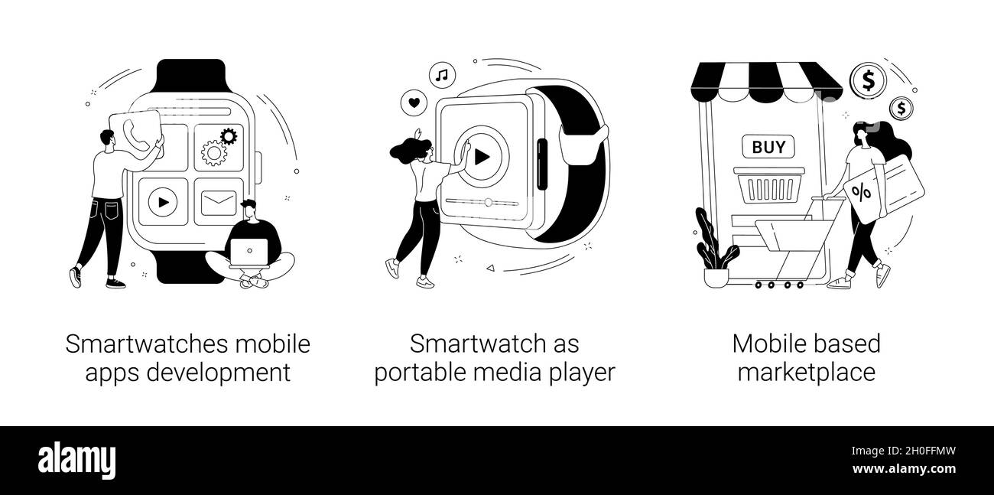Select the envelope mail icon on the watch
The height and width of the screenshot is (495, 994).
(219, 203)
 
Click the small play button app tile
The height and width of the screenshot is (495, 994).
(163, 202)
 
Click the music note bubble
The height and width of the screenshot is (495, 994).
(441, 74)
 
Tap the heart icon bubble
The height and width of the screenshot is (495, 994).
(414, 101)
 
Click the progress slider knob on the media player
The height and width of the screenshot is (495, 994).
(488, 203)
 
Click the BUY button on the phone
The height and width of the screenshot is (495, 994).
(768, 147)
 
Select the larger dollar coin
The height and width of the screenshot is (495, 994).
(868, 80)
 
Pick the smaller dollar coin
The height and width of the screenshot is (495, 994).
(902, 109)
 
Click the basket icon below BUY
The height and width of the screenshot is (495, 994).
(767, 184)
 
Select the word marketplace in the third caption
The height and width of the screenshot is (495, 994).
(806, 373)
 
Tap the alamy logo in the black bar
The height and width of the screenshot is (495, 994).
(81, 461)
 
